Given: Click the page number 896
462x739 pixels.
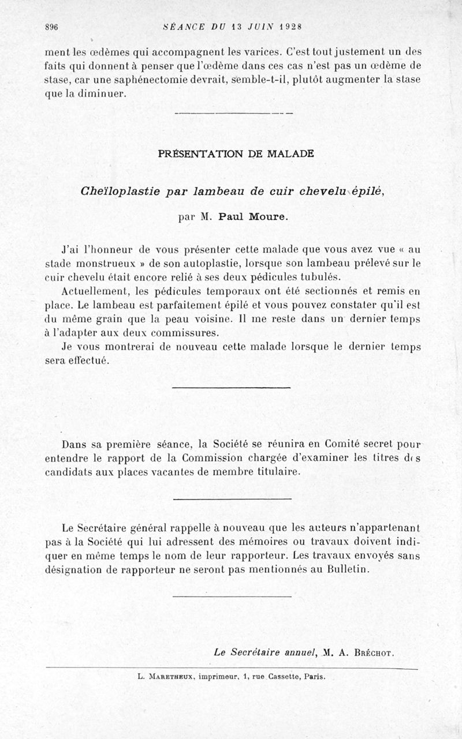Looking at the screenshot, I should tap(52, 27).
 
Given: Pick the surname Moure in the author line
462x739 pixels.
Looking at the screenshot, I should tap(267, 218).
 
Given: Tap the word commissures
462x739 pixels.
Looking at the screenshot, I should tap(186, 333).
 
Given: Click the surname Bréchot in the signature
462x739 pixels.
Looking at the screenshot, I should tap(372, 653).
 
